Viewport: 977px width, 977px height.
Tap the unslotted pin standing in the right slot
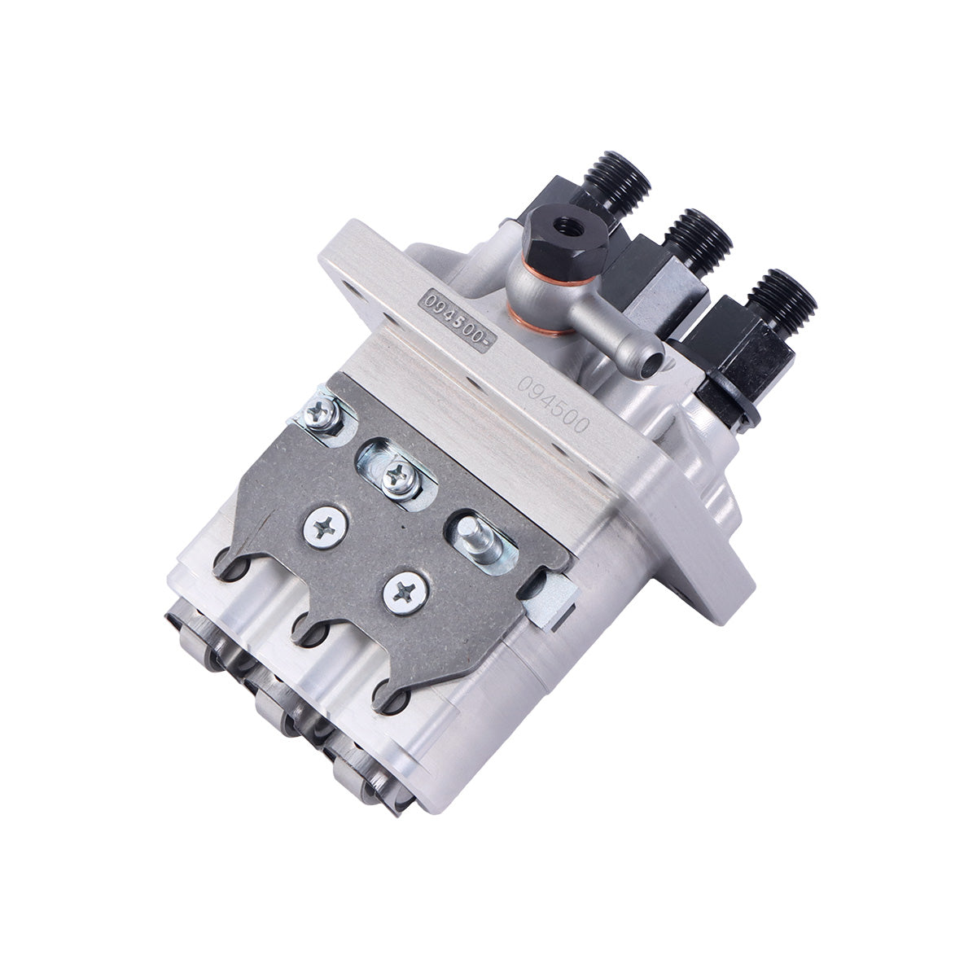point(474,532)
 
